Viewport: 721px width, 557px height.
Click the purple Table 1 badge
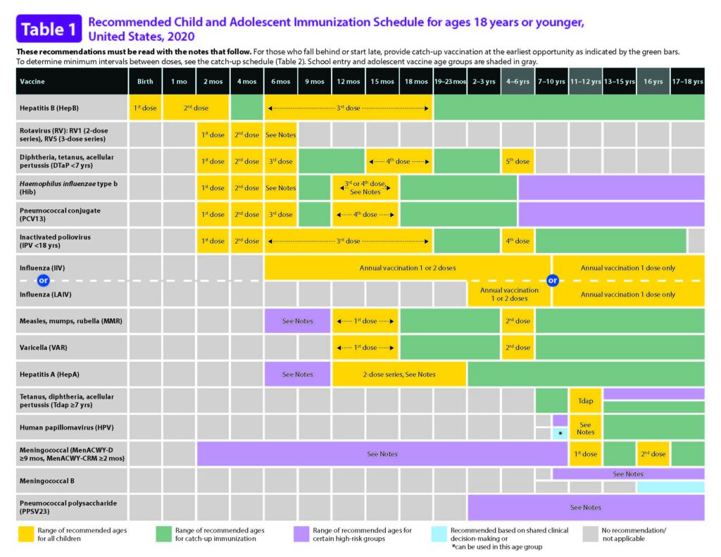point(49,30)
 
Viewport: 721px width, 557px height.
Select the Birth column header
point(145,82)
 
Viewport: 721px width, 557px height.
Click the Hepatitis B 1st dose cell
point(145,108)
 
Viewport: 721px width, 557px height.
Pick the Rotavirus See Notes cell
point(281,134)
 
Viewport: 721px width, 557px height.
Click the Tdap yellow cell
point(585,400)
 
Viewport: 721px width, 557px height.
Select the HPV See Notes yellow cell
point(585,427)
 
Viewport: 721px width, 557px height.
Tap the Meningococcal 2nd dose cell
point(653,454)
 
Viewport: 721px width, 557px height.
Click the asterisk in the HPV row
point(560,434)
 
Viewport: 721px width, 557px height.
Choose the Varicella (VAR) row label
point(42,347)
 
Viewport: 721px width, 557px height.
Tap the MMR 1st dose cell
point(365,321)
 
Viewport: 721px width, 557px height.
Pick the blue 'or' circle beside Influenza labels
point(42,281)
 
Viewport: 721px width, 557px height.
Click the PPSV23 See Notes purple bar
point(585,507)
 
